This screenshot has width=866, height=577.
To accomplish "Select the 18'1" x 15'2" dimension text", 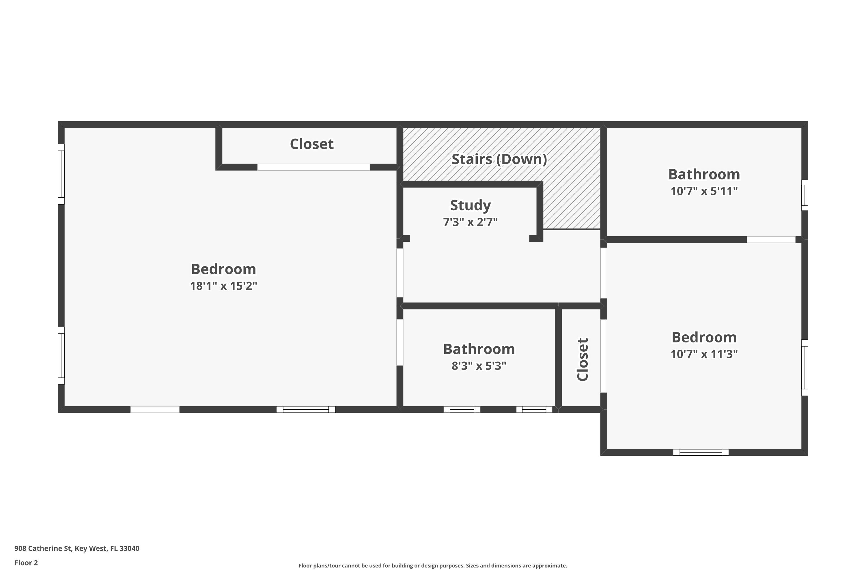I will (223, 286).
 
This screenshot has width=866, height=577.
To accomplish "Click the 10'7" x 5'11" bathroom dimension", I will (704, 191).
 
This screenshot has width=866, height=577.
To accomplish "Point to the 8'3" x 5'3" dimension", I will (479, 366).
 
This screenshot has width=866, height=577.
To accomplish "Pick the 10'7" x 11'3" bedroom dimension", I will (704, 354).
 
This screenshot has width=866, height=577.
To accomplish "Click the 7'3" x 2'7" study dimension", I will (470, 222).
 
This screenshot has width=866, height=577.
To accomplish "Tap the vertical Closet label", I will (583, 359).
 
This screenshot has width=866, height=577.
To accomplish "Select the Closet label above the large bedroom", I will (311, 144).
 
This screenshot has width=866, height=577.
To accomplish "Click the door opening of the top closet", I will (313, 167).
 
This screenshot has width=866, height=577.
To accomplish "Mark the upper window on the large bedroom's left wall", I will (61, 174).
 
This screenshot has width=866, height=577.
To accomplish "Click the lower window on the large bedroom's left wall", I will (61, 356).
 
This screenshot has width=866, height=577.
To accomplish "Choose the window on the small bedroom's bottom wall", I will (701, 452).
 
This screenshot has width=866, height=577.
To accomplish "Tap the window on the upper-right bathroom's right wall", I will (805, 195).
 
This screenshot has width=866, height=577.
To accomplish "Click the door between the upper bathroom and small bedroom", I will (771, 239).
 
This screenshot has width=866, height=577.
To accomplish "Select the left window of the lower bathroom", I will (462, 409).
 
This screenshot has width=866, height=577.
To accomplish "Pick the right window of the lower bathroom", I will (534, 409).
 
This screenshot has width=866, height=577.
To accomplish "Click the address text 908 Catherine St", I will (76, 548).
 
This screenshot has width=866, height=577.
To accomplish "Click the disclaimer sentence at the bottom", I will (433, 565).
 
